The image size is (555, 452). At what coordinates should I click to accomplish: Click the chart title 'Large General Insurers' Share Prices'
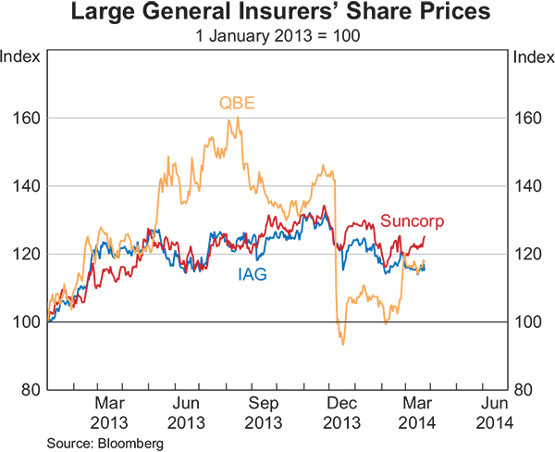tap(277, 14)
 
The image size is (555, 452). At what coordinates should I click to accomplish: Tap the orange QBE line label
tap(237, 102)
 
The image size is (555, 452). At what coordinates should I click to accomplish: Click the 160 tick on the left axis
tap(28, 119)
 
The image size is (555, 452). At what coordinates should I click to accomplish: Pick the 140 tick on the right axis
tap(526, 186)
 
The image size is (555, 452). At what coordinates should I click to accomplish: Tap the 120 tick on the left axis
tap(28, 254)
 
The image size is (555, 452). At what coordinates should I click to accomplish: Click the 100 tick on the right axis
tap(526, 321)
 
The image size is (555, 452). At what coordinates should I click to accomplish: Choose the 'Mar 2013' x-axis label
tap(109, 412)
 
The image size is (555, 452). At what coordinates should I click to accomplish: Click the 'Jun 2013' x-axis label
tap(187, 412)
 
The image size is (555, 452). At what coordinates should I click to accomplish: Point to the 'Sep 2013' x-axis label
tap(265, 412)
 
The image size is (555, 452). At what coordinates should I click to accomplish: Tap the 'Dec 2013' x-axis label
tap(342, 412)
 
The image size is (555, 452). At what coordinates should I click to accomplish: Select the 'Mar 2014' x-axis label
tap(419, 412)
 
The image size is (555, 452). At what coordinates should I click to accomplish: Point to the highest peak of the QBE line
tap(238, 118)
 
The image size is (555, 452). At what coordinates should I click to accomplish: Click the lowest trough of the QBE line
tap(342, 345)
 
